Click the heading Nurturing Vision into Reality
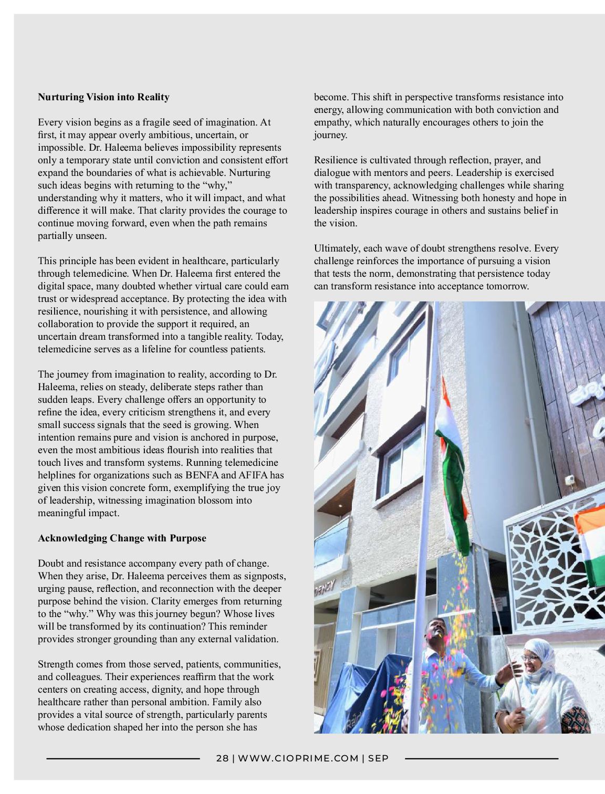[x=103, y=97]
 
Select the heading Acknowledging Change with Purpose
[x=122, y=538]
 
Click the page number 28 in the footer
[x=223, y=758]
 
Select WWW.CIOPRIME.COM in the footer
[x=298, y=758]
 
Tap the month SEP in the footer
[x=378, y=758]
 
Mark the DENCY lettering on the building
[x=325, y=584]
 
